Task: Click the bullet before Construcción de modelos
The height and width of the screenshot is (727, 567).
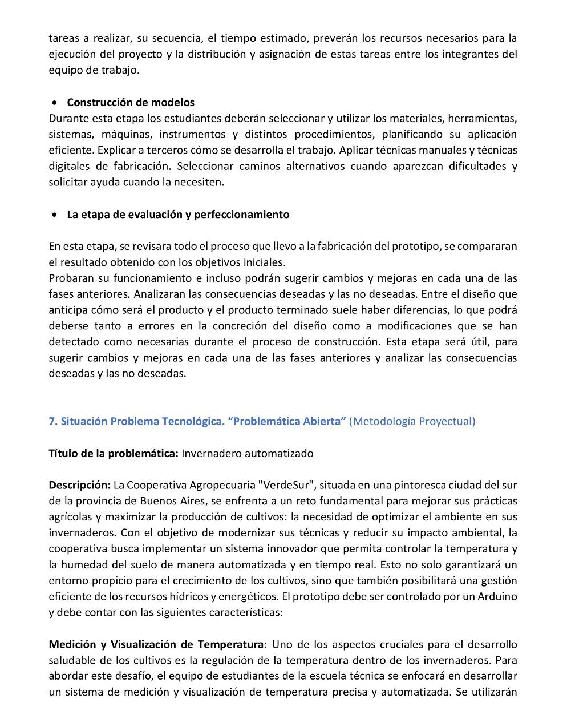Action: click(54, 103)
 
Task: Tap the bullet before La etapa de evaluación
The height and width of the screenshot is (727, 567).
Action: click(54, 215)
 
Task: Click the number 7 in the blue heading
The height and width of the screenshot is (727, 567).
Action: click(52, 421)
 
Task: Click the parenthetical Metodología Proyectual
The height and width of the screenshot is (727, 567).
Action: click(412, 421)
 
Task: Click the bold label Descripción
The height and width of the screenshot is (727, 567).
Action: click(79, 485)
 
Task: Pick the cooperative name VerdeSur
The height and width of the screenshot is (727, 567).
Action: click(285, 485)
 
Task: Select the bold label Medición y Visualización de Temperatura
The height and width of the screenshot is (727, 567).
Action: click(158, 644)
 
